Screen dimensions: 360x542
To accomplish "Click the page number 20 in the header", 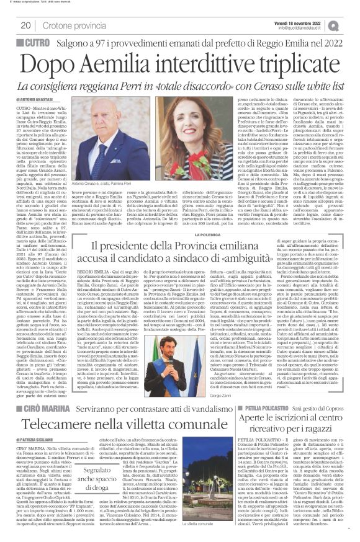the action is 27,25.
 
